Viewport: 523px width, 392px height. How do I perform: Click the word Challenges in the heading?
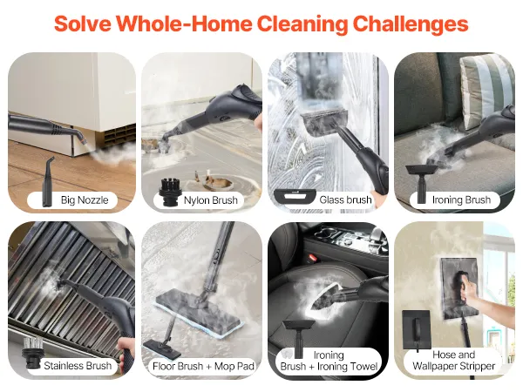click(411, 24)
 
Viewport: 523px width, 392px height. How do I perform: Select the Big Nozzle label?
click(85, 200)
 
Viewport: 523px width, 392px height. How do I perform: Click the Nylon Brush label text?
click(210, 200)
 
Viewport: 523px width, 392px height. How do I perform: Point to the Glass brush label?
click(345, 200)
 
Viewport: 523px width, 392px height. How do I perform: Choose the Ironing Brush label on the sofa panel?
click(461, 200)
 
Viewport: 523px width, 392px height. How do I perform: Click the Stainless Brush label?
click(78, 366)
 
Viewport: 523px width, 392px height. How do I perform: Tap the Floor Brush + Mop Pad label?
click(203, 367)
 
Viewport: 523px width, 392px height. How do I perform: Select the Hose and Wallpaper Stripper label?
click(453, 361)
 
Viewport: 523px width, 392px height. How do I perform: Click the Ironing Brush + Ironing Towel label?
click(329, 361)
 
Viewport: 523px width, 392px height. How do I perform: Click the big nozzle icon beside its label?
click(48, 182)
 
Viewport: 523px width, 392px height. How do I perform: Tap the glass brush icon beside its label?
click(295, 196)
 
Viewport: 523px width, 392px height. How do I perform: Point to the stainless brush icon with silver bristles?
click(32, 353)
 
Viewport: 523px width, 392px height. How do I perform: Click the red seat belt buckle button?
click(313, 258)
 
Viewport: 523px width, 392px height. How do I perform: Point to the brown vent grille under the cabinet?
click(119, 137)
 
